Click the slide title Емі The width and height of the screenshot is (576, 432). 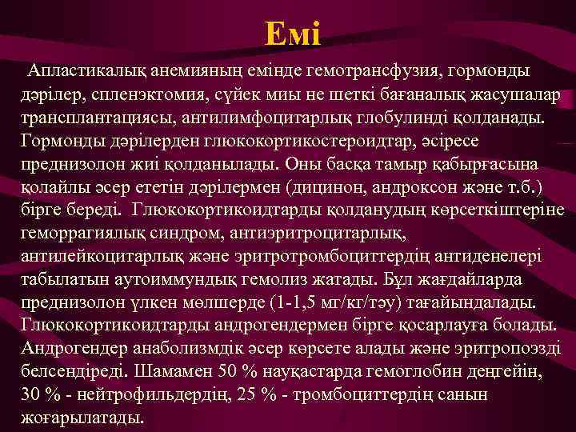293,34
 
